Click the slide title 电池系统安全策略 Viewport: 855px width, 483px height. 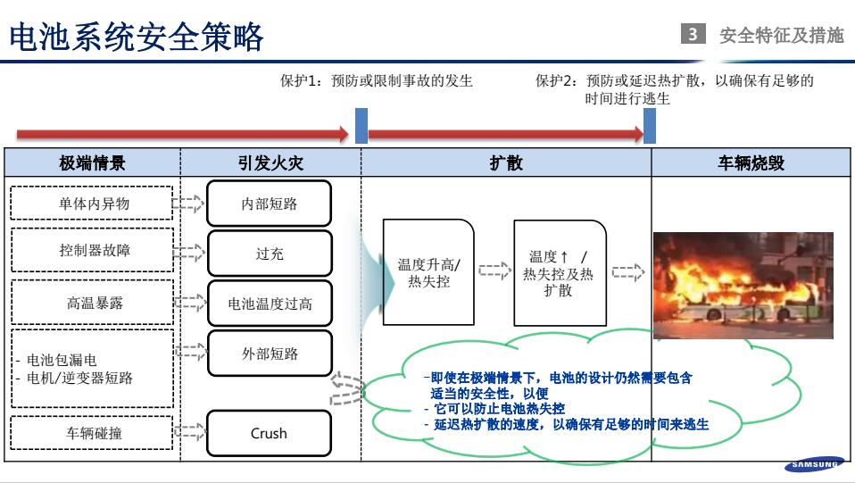coord(136,37)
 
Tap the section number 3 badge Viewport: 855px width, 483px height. coord(693,36)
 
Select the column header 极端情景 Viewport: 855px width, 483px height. coord(92,163)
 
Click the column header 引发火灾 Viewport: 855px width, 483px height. coord(270,163)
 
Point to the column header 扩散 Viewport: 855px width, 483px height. coord(506,163)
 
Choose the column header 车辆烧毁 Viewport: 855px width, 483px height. coord(751,163)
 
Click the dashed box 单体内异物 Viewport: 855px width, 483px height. coord(92,204)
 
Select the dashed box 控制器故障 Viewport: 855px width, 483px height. coord(92,251)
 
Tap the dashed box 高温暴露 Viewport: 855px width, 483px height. coord(92,303)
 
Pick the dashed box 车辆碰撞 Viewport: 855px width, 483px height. coord(92,433)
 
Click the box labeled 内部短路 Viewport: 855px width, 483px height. coord(269,204)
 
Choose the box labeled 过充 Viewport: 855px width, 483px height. coord(269,254)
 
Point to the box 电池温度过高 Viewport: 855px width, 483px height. coord(269,304)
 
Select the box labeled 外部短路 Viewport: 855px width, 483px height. coord(269,354)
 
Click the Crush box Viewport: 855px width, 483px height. coord(269,433)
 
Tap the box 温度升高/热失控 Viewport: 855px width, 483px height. coord(428,271)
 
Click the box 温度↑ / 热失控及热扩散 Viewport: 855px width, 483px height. coord(559,272)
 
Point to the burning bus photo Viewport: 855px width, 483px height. coord(743,285)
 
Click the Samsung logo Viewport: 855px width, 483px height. coord(814,464)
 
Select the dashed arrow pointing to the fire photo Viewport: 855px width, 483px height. coord(628,272)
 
